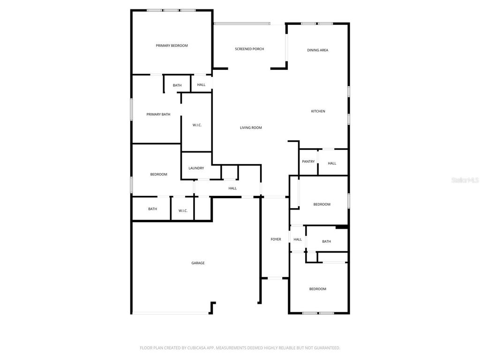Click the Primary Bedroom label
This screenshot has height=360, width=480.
[x=172, y=45]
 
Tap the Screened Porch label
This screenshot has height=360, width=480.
[x=249, y=49]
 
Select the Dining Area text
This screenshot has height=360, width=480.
[x=317, y=50]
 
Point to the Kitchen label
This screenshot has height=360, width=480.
[x=318, y=111]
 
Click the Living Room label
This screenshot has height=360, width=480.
[x=251, y=127]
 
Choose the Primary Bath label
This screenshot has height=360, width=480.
[x=158, y=114]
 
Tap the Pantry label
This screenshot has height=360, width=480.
[x=308, y=162]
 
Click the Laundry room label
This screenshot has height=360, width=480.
[x=196, y=168]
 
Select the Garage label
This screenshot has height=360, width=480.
[x=198, y=263]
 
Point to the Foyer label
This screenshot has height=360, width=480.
[x=276, y=240]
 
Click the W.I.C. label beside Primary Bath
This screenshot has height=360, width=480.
[x=197, y=125]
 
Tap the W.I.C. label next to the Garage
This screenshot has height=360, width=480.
[x=183, y=210]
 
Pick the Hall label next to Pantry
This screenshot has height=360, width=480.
[x=332, y=164]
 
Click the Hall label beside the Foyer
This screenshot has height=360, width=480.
[x=298, y=240]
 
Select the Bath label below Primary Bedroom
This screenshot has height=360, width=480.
[x=177, y=85]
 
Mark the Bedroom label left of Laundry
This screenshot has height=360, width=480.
[x=158, y=174]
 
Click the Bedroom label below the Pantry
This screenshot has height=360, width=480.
[x=322, y=204]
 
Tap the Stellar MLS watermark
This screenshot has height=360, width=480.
[x=465, y=180]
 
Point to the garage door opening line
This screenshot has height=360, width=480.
[x=170, y=313]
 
